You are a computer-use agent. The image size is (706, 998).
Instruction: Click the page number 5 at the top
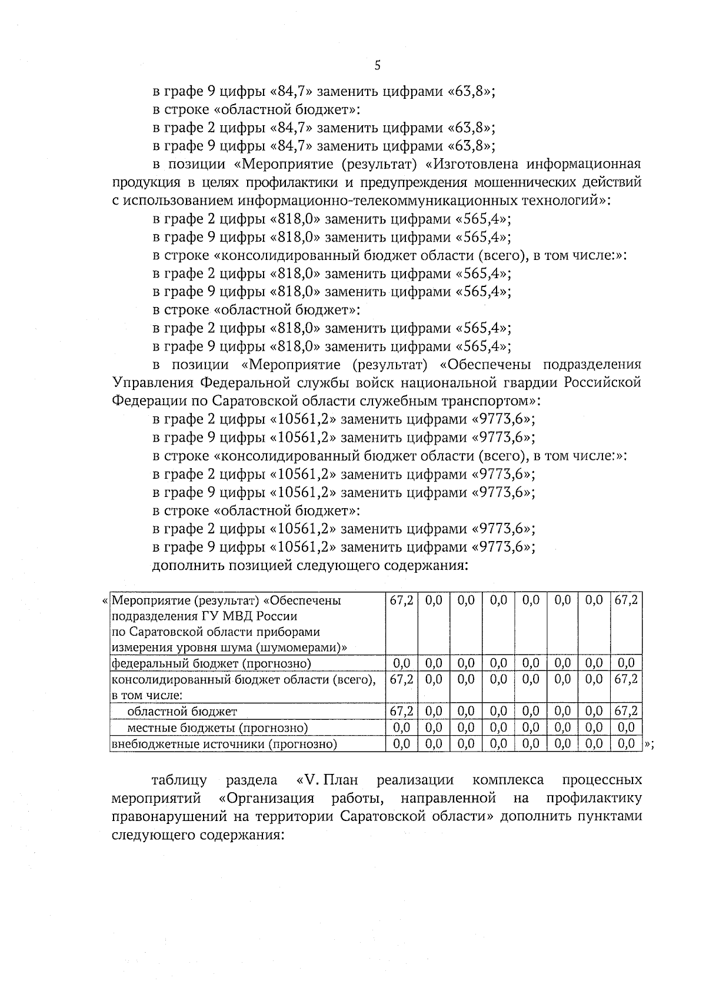point(377,65)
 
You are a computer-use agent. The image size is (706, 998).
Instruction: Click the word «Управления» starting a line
point(151,383)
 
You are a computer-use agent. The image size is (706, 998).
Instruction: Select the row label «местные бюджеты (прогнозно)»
point(218,728)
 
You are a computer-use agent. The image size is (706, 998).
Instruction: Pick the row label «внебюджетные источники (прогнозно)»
point(224,745)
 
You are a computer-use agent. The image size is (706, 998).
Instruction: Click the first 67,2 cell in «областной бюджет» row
point(401,712)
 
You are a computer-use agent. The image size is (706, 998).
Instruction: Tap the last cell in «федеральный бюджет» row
point(627,663)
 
